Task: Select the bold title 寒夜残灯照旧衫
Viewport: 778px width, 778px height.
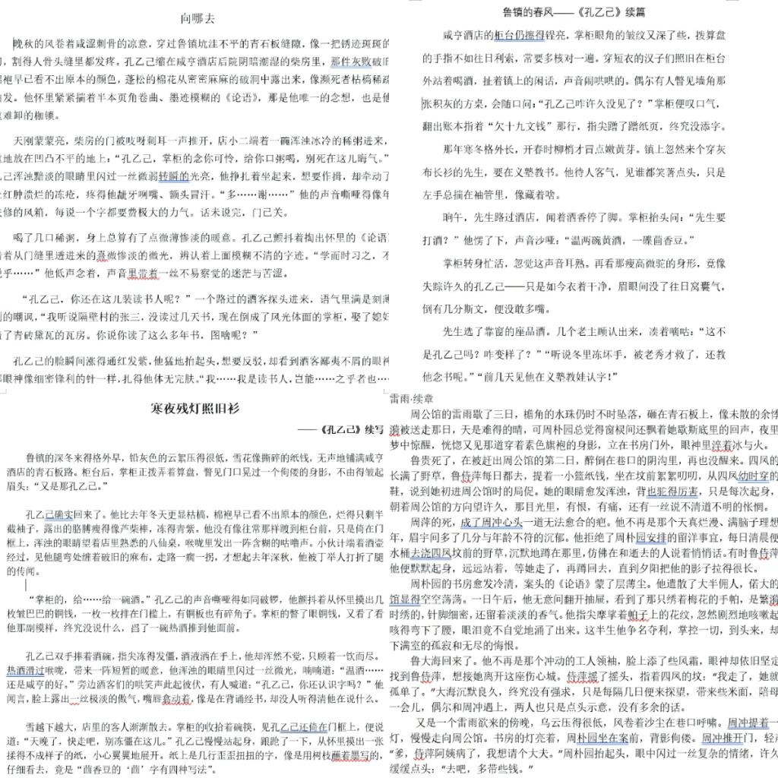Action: coord(194,409)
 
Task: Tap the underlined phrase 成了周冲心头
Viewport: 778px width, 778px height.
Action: coord(491,522)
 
